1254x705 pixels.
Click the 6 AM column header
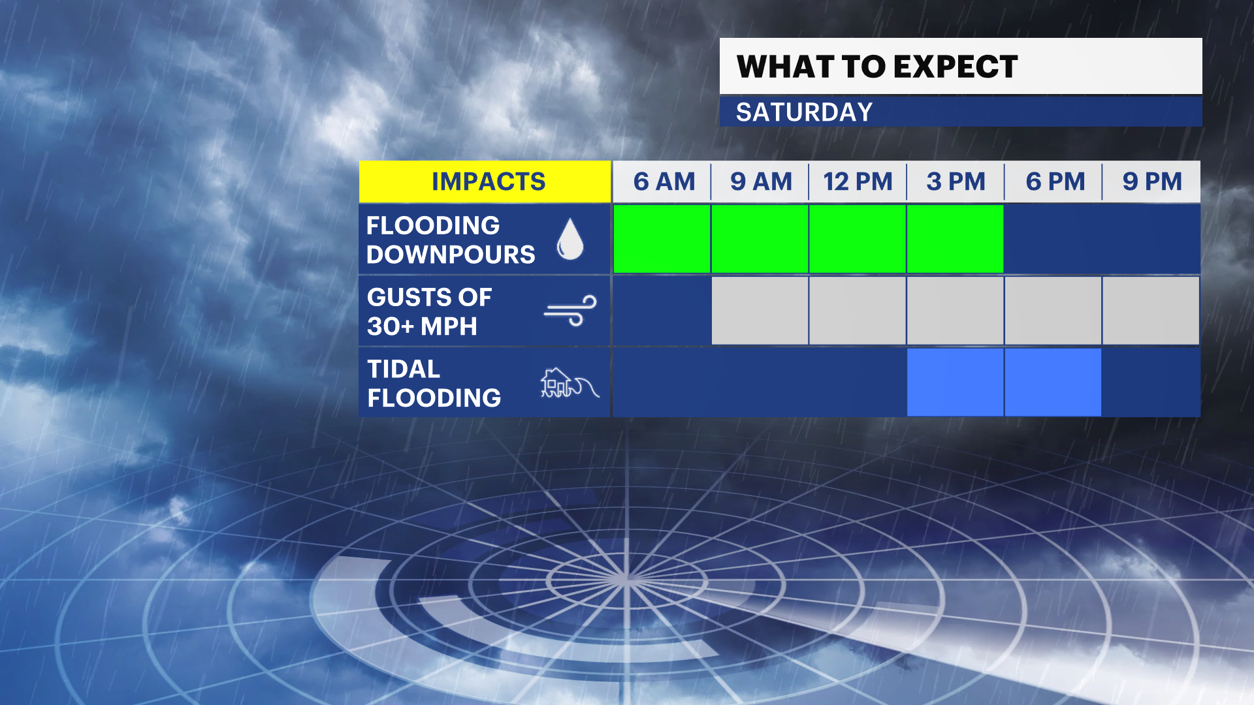click(x=664, y=181)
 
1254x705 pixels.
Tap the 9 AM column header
click(x=761, y=181)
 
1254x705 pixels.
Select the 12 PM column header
click(x=858, y=181)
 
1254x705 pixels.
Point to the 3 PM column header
click(x=956, y=181)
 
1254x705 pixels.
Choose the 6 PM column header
click(x=1055, y=181)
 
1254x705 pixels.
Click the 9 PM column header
click(x=1152, y=181)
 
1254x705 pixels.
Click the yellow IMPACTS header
click(x=485, y=181)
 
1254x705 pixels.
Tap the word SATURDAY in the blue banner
click(x=804, y=112)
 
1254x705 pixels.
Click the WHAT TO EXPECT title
click(x=877, y=67)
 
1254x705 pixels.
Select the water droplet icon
click(x=570, y=239)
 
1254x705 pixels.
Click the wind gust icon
click(x=570, y=311)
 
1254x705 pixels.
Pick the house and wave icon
click(x=570, y=383)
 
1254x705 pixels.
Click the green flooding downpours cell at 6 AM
click(x=662, y=239)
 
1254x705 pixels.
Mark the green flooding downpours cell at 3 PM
click(x=956, y=239)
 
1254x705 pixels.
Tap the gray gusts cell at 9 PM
click(x=1151, y=311)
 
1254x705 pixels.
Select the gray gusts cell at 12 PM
click(x=858, y=311)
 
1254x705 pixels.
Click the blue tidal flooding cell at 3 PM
click(x=956, y=383)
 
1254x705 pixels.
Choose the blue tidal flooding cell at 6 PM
click(x=1053, y=383)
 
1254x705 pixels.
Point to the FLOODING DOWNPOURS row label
click(x=451, y=240)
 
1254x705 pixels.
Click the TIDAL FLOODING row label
click(x=434, y=383)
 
